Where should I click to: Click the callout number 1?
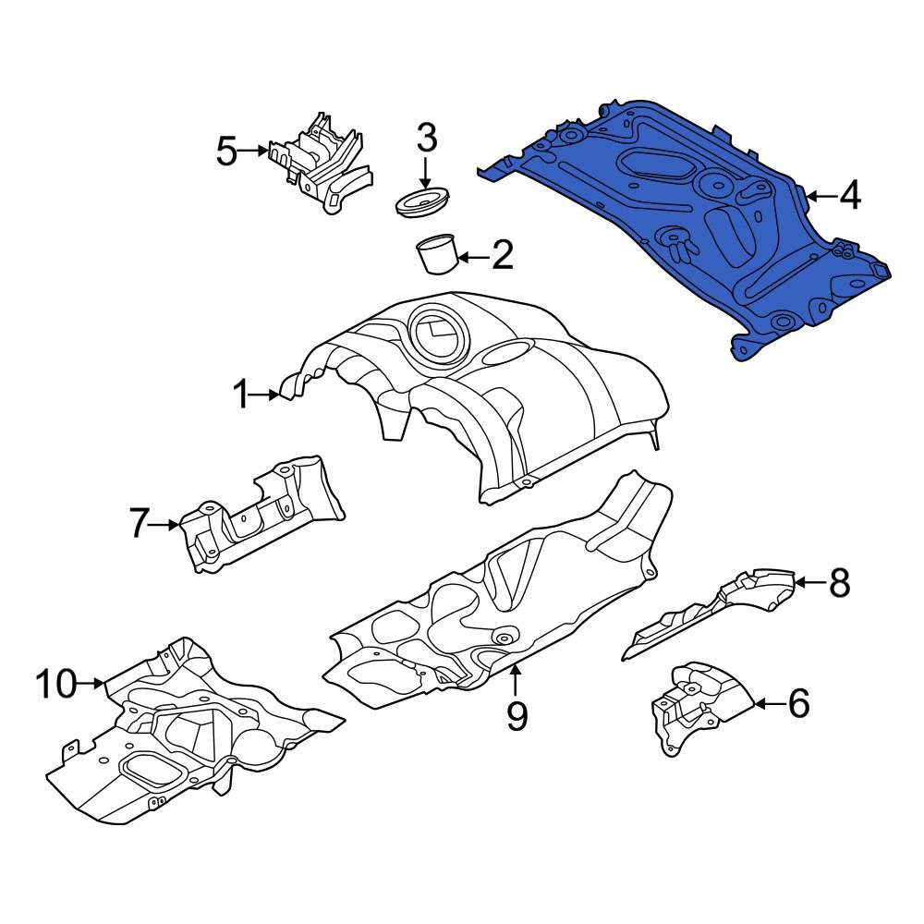pyautogui.click(x=241, y=395)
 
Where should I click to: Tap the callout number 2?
pyautogui.click(x=502, y=256)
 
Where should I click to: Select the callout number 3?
pyautogui.click(x=427, y=138)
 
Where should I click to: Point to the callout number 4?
pyautogui.click(x=850, y=195)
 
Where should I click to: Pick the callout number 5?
pyautogui.click(x=227, y=151)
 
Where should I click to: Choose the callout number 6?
pyautogui.click(x=798, y=703)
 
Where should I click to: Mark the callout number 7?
pyautogui.click(x=140, y=523)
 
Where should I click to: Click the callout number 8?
pyautogui.click(x=839, y=582)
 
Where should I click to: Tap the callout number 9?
pyautogui.click(x=517, y=716)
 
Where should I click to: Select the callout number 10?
pyautogui.click(x=56, y=684)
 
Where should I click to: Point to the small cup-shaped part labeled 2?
pyautogui.click(x=437, y=253)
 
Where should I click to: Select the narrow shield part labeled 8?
pyautogui.click(x=707, y=613)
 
